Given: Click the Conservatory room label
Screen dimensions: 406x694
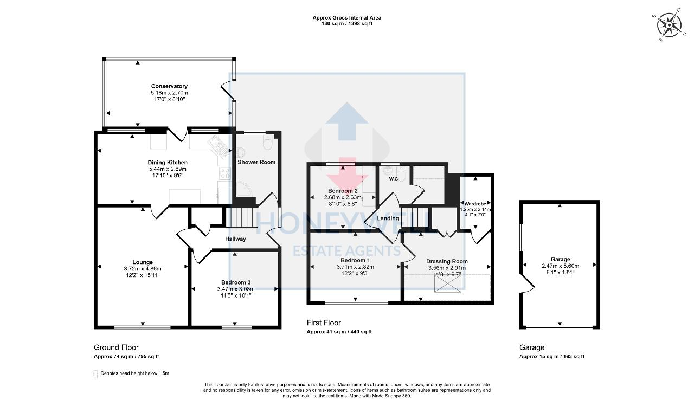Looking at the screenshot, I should (x=169, y=86).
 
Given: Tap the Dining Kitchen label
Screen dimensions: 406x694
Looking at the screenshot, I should (x=168, y=163).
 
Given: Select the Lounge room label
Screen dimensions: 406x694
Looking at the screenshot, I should (x=142, y=262).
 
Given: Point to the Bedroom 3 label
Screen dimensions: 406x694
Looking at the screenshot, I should (x=235, y=282).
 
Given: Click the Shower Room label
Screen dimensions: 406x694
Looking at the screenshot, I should (x=256, y=162).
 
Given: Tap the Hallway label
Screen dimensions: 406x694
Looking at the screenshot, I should (x=235, y=239).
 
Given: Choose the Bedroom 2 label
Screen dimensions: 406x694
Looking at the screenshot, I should (x=343, y=191).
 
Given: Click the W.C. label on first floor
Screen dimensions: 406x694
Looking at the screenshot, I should (x=394, y=179).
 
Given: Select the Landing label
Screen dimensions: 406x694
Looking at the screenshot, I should (x=388, y=218).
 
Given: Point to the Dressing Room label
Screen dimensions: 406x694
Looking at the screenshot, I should (x=447, y=261).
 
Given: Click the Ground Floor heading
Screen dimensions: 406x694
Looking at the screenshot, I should (x=116, y=347).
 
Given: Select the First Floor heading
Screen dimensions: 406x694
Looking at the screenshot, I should (x=324, y=323).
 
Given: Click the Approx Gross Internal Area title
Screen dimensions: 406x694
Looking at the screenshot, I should (x=346, y=17).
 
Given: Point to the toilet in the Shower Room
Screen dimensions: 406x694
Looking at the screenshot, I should (x=267, y=143).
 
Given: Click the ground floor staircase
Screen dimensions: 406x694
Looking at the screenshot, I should (x=241, y=216).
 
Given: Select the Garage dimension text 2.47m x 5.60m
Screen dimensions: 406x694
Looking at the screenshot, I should (x=560, y=266).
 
